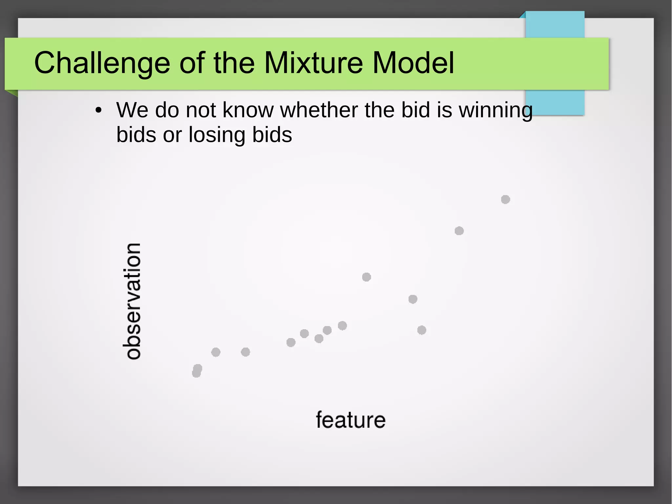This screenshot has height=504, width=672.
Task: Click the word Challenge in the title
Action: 102,63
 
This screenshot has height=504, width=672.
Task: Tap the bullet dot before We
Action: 98,111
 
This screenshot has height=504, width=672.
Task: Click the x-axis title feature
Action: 350,420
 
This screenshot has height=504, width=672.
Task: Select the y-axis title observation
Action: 133,301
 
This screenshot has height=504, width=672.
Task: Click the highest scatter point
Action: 505,199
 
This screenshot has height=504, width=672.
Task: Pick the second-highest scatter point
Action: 459,231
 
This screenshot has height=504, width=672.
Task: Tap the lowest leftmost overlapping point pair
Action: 197,371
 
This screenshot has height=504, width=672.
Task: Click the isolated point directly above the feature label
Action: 367,277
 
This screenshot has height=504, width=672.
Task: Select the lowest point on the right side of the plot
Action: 422,330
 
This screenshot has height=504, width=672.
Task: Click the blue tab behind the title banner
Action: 555,24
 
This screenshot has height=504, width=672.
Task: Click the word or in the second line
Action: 172,135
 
